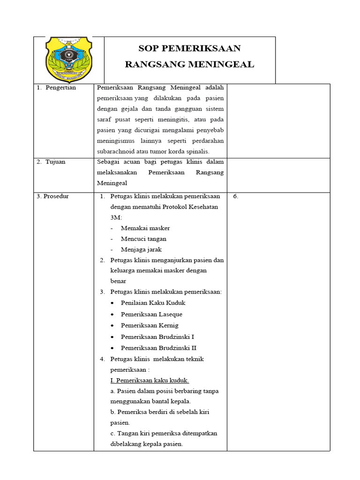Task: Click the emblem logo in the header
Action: click(x=68, y=59)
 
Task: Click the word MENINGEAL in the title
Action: click(x=220, y=64)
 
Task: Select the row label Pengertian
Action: click(x=60, y=88)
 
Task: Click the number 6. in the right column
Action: click(x=236, y=196)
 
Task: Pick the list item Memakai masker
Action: click(x=145, y=228)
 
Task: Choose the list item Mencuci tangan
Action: click(x=143, y=239)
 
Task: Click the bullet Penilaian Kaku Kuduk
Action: click(x=152, y=303)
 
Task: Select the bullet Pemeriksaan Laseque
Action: click(x=151, y=315)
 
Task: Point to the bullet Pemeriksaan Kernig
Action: click(x=150, y=325)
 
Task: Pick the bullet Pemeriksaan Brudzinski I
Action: click(x=157, y=337)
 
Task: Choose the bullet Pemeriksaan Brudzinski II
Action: click(x=158, y=348)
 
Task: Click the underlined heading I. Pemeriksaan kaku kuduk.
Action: click(x=150, y=380)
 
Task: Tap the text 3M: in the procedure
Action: click(x=116, y=218)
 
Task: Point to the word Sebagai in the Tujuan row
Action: click(x=108, y=162)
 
